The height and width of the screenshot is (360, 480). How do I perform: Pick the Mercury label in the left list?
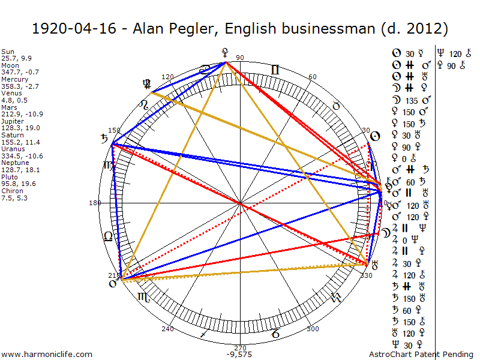tap(15, 79)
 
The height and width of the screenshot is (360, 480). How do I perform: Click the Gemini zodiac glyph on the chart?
tap(275, 70)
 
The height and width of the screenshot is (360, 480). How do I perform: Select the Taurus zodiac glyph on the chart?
tap(337, 106)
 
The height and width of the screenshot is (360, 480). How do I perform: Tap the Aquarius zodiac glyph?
tap(335, 296)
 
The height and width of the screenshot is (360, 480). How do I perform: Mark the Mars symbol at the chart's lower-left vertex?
tap(112, 284)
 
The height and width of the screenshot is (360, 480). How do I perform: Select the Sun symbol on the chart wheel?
tap(374, 137)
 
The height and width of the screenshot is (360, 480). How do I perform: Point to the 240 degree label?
tap(167, 329)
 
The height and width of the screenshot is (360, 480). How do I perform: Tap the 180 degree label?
tap(95, 203)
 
